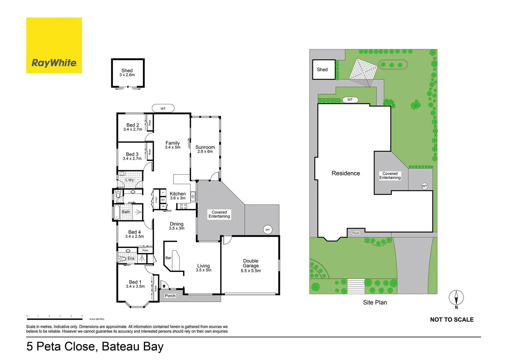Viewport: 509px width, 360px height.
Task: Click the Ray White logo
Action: [54, 46]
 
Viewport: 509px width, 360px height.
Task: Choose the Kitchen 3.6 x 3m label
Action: [178, 196]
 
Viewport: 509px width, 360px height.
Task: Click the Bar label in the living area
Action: [168, 258]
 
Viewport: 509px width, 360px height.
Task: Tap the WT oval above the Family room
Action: [163, 108]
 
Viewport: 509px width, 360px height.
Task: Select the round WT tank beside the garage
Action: [267, 230]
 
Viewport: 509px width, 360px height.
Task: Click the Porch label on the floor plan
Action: [170, 296]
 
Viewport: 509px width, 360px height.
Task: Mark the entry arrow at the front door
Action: [164, 286]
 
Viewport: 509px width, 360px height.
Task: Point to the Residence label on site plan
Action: [346, 173]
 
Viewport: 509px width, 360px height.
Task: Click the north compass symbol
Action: [456, 297]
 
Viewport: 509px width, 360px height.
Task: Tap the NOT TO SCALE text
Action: [452, 320]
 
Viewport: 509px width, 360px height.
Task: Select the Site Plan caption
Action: [375, 302]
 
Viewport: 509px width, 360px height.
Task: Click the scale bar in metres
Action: [55, 319]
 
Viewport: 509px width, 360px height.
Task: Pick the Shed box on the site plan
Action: [323, 70]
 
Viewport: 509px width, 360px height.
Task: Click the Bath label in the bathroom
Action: [126, 212]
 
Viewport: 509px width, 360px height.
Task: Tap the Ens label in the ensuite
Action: [131, 258]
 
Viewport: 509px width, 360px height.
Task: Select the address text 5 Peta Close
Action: [95, 347]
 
